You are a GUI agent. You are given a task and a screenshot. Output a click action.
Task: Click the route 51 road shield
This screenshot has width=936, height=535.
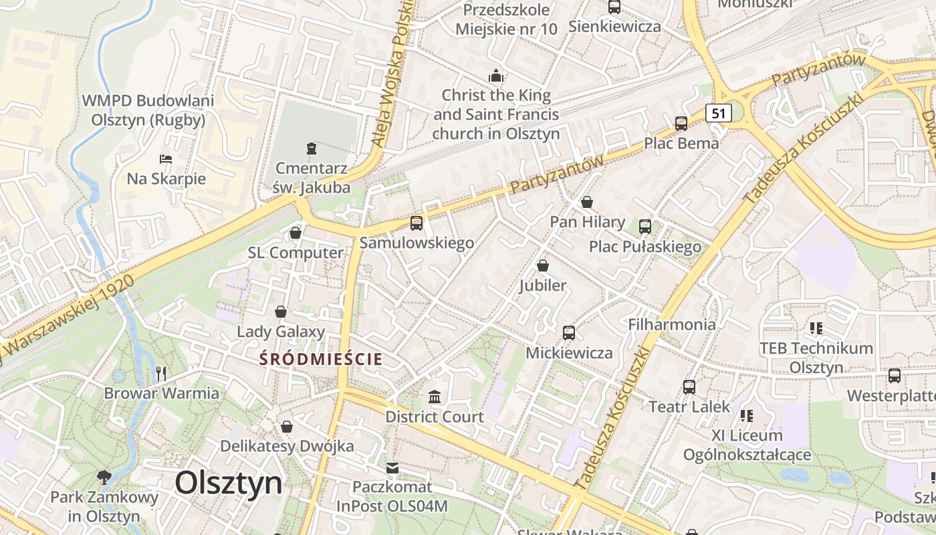(718, 113)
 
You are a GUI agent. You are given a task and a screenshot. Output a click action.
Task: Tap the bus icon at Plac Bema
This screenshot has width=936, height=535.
(681, 123)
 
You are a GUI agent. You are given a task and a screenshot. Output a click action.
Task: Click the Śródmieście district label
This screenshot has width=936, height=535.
(322, 359)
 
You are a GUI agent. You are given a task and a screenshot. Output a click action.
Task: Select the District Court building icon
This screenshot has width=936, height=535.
(435, 397)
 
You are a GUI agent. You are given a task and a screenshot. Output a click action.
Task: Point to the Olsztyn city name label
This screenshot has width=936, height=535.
(229, 483)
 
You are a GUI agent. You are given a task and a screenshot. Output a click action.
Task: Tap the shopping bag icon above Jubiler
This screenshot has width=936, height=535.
(543, 265)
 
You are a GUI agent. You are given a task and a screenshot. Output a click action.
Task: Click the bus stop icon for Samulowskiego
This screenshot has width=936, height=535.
(417, 223)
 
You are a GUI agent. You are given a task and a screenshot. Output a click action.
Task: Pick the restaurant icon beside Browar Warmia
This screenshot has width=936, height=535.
(160, 373)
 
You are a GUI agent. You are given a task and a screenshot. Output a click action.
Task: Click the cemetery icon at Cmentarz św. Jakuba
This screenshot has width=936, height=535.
(311, 148)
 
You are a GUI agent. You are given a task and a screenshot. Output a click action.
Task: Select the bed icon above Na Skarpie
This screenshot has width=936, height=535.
(166, 159)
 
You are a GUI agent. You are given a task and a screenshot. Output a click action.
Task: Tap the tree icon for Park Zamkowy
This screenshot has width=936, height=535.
(104, 477)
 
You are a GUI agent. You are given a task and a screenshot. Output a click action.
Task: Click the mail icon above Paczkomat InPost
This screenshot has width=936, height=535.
(392, 467)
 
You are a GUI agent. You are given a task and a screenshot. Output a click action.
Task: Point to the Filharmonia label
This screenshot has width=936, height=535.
(672, 324)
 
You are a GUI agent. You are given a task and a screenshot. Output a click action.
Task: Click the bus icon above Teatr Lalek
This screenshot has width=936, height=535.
(689, 387)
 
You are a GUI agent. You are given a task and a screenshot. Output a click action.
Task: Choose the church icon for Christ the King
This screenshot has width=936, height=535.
(495, 75)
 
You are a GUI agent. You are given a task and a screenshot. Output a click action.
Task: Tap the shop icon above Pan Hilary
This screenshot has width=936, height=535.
(587, 201)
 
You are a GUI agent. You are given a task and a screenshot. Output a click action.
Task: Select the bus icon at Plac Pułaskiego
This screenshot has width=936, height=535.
(645, 226)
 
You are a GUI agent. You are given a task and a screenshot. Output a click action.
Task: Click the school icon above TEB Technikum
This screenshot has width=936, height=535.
(816, 328)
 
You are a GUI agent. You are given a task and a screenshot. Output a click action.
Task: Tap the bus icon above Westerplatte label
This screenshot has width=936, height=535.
(895, 375)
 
